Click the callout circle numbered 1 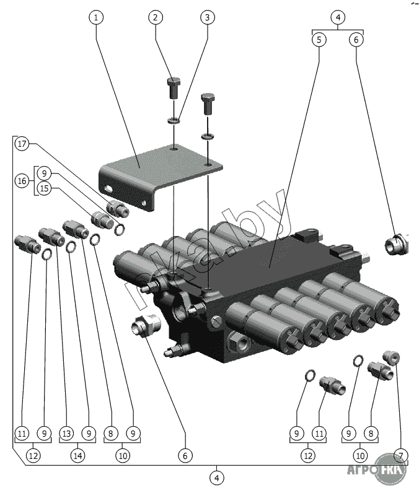point(95,17)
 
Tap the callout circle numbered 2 point(155,17)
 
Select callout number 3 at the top point(207,17)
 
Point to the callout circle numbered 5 point(319,40)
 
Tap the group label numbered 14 point(77,455)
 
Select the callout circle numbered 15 point(43,188)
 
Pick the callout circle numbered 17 point(23,144)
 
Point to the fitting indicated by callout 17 point(117,209)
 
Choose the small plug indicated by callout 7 point(392,357)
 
